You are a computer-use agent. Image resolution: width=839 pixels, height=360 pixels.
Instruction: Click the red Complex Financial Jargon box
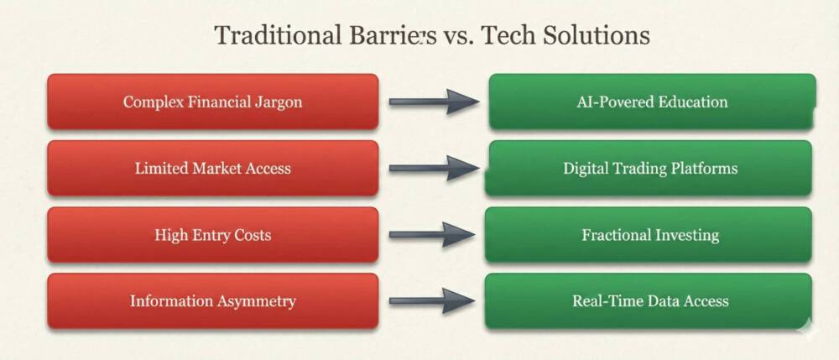tap(212, 102)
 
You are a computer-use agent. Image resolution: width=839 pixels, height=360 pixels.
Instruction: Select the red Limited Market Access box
tap(212, 168)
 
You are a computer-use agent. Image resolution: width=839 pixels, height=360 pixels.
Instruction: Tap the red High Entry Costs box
tap(212, 234)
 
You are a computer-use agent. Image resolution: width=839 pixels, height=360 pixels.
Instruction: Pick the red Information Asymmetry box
tap(212, 300)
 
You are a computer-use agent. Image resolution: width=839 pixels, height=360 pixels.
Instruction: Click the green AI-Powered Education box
tap(651, 102)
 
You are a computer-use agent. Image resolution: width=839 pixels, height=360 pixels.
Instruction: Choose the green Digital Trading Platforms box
tap(649, 168)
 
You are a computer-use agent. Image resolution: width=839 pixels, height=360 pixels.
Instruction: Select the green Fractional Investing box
tap(649, 234)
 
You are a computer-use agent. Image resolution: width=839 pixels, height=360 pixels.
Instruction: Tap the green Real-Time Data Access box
tap(649, 300)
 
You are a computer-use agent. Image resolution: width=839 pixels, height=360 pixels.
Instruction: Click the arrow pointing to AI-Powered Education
tap(433, 102)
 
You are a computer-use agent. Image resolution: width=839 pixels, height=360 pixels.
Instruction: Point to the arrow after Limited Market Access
tap(433, 168)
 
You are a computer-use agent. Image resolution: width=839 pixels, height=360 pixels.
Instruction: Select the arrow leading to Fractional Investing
tap(433, 234)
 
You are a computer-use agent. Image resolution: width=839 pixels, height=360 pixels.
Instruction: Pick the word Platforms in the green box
tap(701, 168)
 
